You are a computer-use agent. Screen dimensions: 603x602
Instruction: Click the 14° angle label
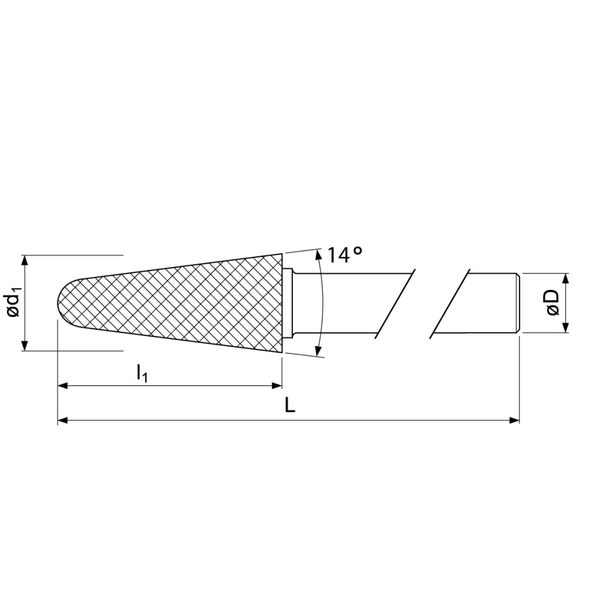[x=345, y=255]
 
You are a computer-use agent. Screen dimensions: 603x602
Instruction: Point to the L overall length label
[x=290, y=406]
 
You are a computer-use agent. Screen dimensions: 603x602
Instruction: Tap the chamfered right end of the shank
[x=516, y=303]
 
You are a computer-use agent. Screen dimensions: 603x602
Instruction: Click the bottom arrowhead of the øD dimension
[x=565, y=328]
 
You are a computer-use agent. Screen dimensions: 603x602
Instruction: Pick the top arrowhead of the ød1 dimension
[x=25, y=259]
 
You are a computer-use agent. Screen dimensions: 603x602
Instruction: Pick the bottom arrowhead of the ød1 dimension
[x=25, y=346]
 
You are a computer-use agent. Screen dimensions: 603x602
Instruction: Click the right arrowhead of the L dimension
[x=515, y=420]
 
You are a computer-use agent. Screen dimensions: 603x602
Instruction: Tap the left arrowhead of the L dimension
[x=62, y=420]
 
